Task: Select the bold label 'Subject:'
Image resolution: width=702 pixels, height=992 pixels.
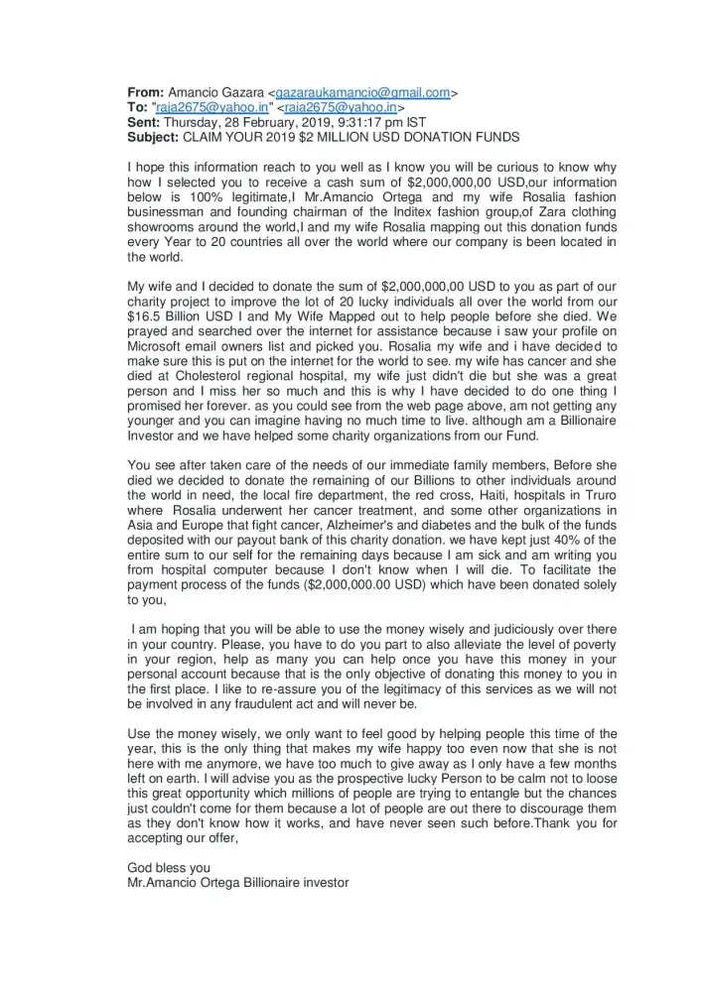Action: coord(154,135)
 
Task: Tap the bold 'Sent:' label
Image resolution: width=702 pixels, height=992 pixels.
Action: coord(146,121)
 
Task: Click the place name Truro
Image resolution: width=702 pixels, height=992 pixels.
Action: coord(597,495)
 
